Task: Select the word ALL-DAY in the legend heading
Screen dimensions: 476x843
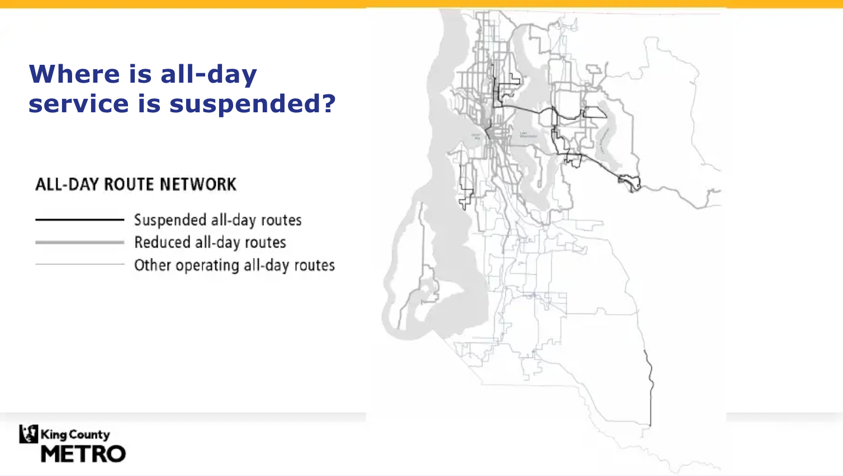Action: [x=67, y=184]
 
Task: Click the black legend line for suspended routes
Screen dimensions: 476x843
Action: [x=79, y=220]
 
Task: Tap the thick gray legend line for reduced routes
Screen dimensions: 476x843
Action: [x=79, y=242]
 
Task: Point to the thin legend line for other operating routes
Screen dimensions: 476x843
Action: [x=79, y=264]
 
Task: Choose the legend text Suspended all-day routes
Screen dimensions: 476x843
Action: [x=217, y=220]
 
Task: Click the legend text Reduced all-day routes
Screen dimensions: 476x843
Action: [x=210, y=242]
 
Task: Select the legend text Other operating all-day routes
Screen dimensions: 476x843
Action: [x=234, y=265]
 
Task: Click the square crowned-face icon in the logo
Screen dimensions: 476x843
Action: [x=29, y=434]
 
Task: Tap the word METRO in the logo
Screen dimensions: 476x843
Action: [x=83, y=454]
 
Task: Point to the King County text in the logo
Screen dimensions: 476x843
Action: [x=75, y=434]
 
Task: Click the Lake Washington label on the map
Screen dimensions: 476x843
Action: [x=528, y=135]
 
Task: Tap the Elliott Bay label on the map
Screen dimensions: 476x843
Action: [x=476, y=136]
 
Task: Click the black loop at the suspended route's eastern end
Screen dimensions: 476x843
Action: [x=631, y=183]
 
